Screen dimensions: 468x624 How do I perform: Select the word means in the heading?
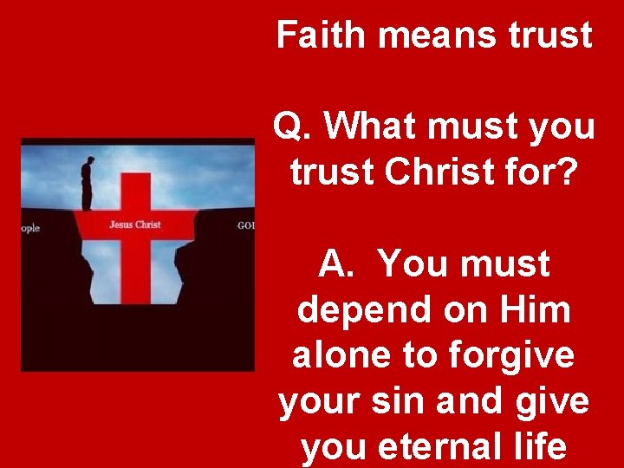coord(435,35)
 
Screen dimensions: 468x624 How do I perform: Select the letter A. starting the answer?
coord(336,263)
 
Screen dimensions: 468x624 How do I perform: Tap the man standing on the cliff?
coord(88,182)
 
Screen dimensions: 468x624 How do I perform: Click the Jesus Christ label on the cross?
coord(134,225)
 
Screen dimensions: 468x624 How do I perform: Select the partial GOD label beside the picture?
coord(245,226)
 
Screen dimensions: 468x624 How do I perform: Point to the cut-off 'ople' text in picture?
coord(30,229)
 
